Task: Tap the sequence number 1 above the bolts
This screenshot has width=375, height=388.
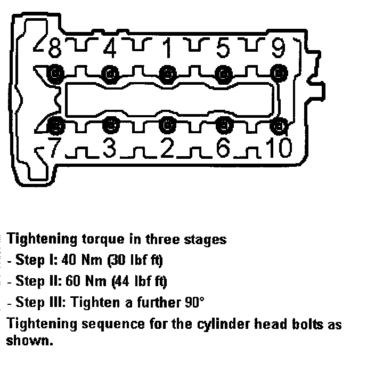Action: coord(167,50)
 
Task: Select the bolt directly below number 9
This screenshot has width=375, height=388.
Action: coord(277,72)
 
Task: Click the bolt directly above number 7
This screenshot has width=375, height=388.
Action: coord(55,125)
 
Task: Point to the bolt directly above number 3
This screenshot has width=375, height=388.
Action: coord(110,125)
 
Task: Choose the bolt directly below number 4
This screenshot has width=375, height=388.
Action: coord(110,72)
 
